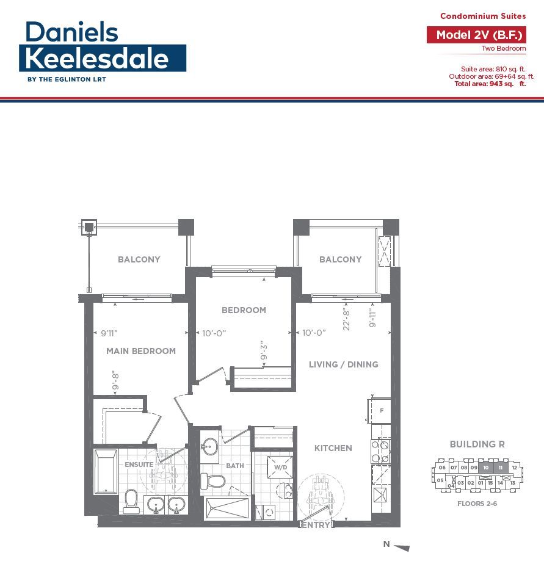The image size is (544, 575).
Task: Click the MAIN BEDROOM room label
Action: (141, 351)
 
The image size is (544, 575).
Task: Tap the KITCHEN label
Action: (333, 448)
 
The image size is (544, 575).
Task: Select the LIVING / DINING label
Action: (343, 364)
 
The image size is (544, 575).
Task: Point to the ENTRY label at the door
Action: (316, 525)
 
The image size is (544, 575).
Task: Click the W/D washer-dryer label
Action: (281, 467)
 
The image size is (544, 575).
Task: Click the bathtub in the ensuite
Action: (106, 472)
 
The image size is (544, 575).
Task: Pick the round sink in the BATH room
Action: (210, 447)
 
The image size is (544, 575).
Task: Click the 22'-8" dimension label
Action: (346, 319)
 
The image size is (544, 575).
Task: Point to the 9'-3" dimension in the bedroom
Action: (264, 352)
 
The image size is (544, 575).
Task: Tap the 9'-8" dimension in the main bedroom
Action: (115, 381)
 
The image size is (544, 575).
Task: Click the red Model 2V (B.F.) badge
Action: (476, 35)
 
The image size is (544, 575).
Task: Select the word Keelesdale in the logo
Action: (97, 59)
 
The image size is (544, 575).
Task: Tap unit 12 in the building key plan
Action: (514, 468)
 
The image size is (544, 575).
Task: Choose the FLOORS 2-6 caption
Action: (477, 504)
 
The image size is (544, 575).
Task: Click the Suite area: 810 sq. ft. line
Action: (493, 69)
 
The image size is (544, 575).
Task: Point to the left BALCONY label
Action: (139, 259)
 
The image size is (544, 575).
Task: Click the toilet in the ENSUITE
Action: (131, 501)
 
